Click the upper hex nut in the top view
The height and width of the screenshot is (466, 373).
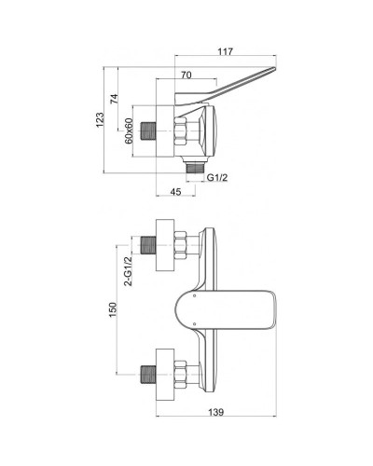coord(184,247)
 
